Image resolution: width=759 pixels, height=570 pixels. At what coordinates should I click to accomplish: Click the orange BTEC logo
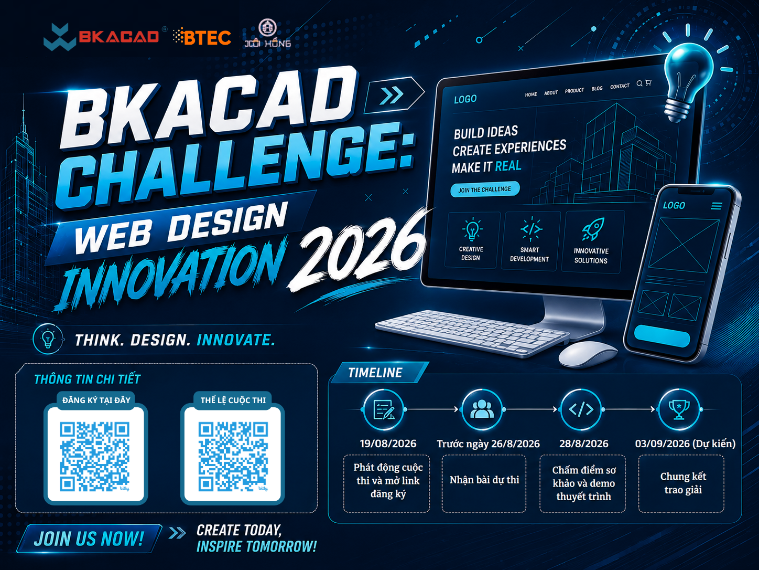[202, 37]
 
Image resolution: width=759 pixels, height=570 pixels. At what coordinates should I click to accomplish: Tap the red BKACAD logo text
[119, 36]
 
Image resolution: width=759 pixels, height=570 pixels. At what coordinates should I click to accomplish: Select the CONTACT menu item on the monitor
[619, 86]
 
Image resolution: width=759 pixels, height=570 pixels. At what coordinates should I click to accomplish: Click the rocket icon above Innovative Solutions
[593, 229]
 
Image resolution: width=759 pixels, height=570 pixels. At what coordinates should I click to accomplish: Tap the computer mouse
[588, 353]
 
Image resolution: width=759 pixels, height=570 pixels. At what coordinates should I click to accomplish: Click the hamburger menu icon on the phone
[716, 206]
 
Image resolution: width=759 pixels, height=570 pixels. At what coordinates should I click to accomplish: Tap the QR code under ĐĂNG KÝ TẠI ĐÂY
[95, 456]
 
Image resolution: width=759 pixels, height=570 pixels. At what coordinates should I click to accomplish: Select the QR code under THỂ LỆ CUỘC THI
[233, 456]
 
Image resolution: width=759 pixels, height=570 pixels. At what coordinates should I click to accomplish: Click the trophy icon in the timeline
[679, 409]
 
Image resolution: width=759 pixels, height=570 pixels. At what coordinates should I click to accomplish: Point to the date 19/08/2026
[388, 444]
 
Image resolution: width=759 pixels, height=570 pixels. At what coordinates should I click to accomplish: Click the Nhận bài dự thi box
[484, 483]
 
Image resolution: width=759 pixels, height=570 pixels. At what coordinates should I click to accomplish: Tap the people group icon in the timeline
[482, 409]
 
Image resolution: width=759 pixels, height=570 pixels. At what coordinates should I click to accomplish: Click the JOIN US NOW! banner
[89, 539]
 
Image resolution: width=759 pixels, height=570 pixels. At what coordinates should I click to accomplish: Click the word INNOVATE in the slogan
[236, 340]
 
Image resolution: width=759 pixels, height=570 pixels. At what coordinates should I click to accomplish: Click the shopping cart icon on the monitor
[648, 83]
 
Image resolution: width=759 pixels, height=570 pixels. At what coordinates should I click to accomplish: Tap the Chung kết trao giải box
[681, 483]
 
